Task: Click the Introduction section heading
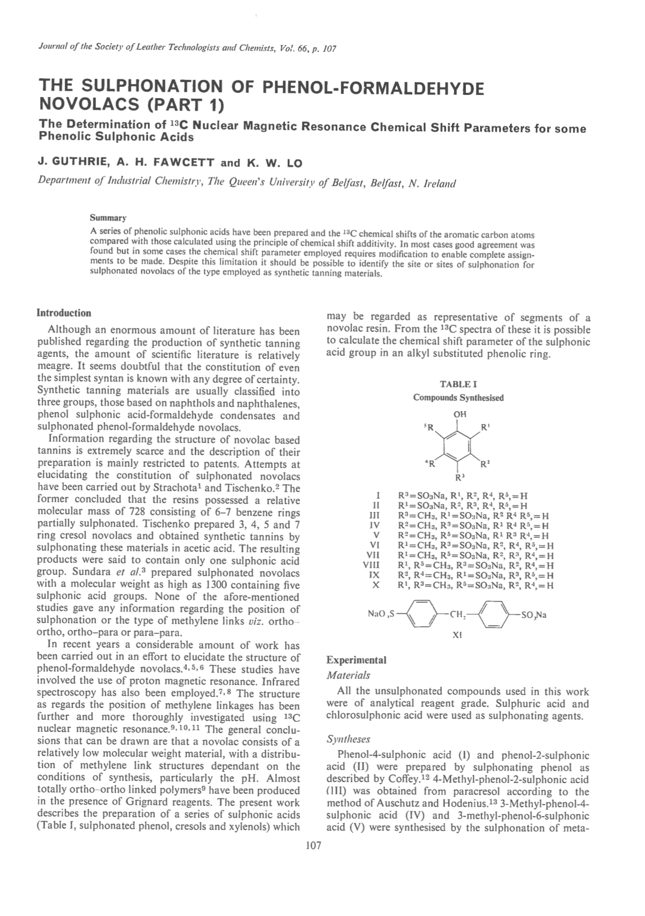pyautogui.click(x=63, y=313)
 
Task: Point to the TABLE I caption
pyautogui.click(x=458, y=384)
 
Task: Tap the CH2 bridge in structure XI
pyautogui.click(x=458, y=615)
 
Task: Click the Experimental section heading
pyautogui.click(x=356, y=660)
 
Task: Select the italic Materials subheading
pyautogui.click(x=348, y=675)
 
